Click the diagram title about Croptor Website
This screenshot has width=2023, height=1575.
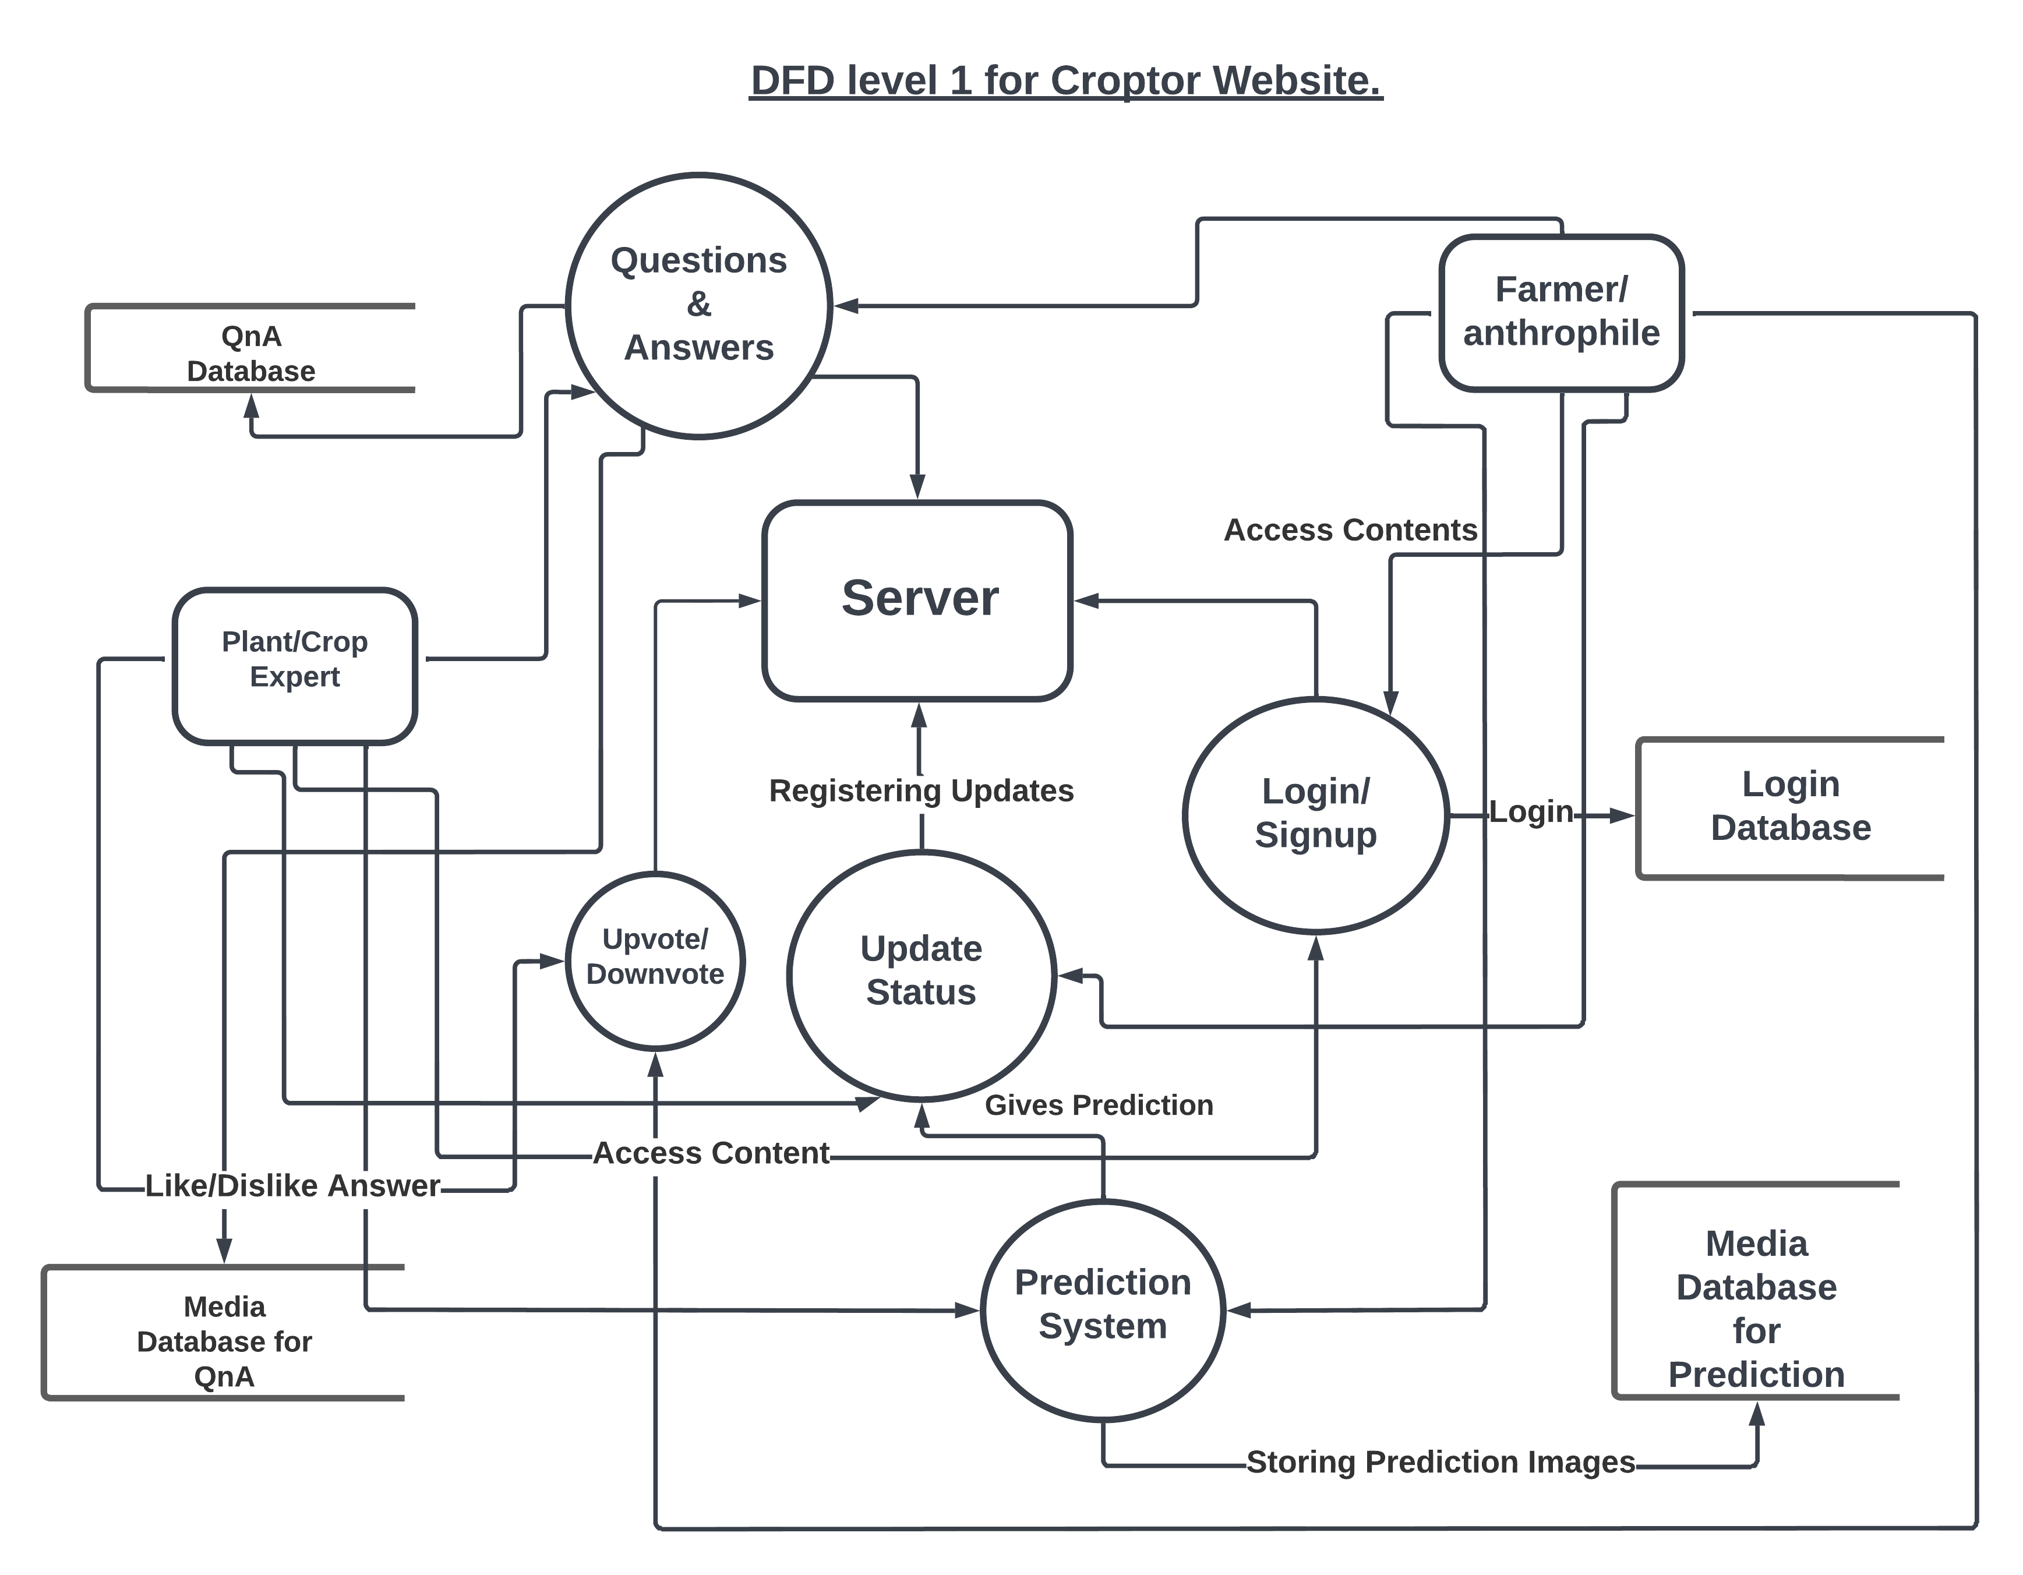tap(1065, 80)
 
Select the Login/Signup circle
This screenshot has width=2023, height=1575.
tap(1315, 814)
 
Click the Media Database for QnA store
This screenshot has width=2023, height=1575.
tap(224, 1340)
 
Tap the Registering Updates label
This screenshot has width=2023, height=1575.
tap(921, 790)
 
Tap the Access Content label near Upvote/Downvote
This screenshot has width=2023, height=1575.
tap(711, 1153)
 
